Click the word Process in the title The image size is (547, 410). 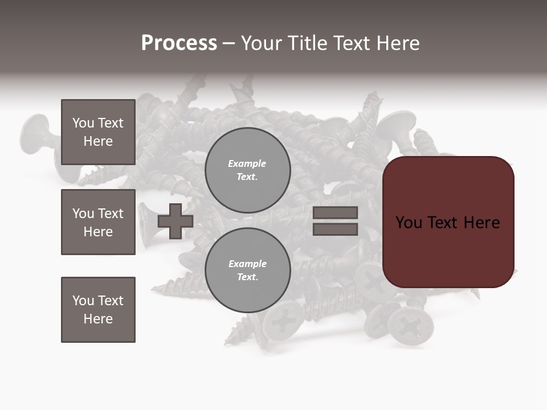point(179,43)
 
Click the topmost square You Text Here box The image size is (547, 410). point(98,132)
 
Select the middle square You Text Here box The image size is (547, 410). point(98,222)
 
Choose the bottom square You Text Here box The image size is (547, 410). point(98,310)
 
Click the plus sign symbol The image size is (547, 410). point(175,221)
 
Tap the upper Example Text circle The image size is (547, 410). point(247,170)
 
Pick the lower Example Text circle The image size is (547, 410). point(247,270)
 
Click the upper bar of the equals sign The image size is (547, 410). point(336,212)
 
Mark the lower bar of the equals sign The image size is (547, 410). point(336,229)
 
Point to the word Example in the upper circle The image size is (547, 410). point(247,163)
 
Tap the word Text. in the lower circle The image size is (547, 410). point(247,277)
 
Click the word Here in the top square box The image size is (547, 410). point(98,141)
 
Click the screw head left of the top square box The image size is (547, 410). point(35,133)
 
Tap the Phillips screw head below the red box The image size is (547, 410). point(410,326)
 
